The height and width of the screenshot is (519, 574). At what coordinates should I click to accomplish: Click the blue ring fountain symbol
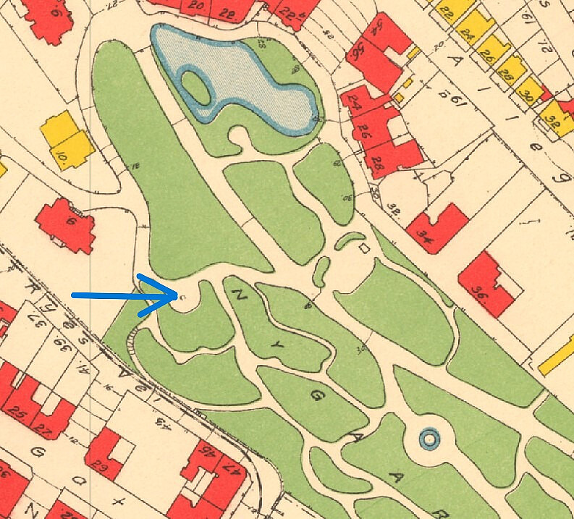point(429,438)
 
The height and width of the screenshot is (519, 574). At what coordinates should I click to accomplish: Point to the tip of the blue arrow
point(178,295)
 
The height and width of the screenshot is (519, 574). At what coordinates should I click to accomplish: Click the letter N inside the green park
point(238,295)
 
